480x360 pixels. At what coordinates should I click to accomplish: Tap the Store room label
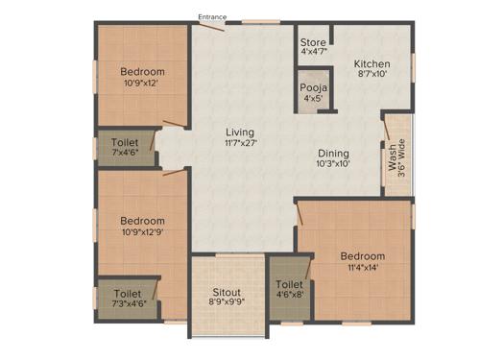pyautogui.click(x=313, y=42)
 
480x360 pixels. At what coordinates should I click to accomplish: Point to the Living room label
pyautogui.click(x=241, y=132)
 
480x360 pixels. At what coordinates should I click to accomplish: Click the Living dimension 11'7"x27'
pyautogui.click(x=241, y=143)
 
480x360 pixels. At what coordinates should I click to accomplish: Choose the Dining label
pyautogui.click(x=334, y=153)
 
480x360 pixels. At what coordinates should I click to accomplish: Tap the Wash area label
pyautogui.click(x=392, y=157)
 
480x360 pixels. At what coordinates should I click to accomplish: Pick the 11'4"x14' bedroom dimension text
pyautogui.click(x=363, y=269)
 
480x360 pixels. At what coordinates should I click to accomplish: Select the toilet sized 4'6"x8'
pyautogui.click(x=289, y=291)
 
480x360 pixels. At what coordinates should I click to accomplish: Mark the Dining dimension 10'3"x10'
pyautogui.click(x=334, y=164)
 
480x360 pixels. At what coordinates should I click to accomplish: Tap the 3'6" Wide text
pyautogui.click(x=403, y=157)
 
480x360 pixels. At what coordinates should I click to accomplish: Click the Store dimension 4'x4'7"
pyautogui.click(x=313, y=54)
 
